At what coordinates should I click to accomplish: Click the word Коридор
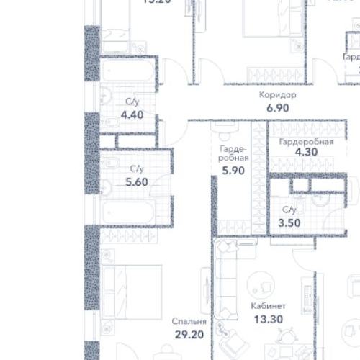coord(277,94)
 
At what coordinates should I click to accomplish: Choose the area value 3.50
coord(289,222)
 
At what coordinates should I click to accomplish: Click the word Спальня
coord(189,322)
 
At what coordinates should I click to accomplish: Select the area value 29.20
coord(189,335)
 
